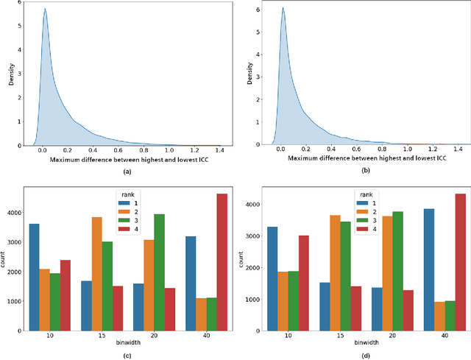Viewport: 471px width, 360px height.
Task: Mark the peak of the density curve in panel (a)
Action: (x=45, y=10)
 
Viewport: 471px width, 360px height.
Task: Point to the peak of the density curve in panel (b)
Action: (x=283, y=9)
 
